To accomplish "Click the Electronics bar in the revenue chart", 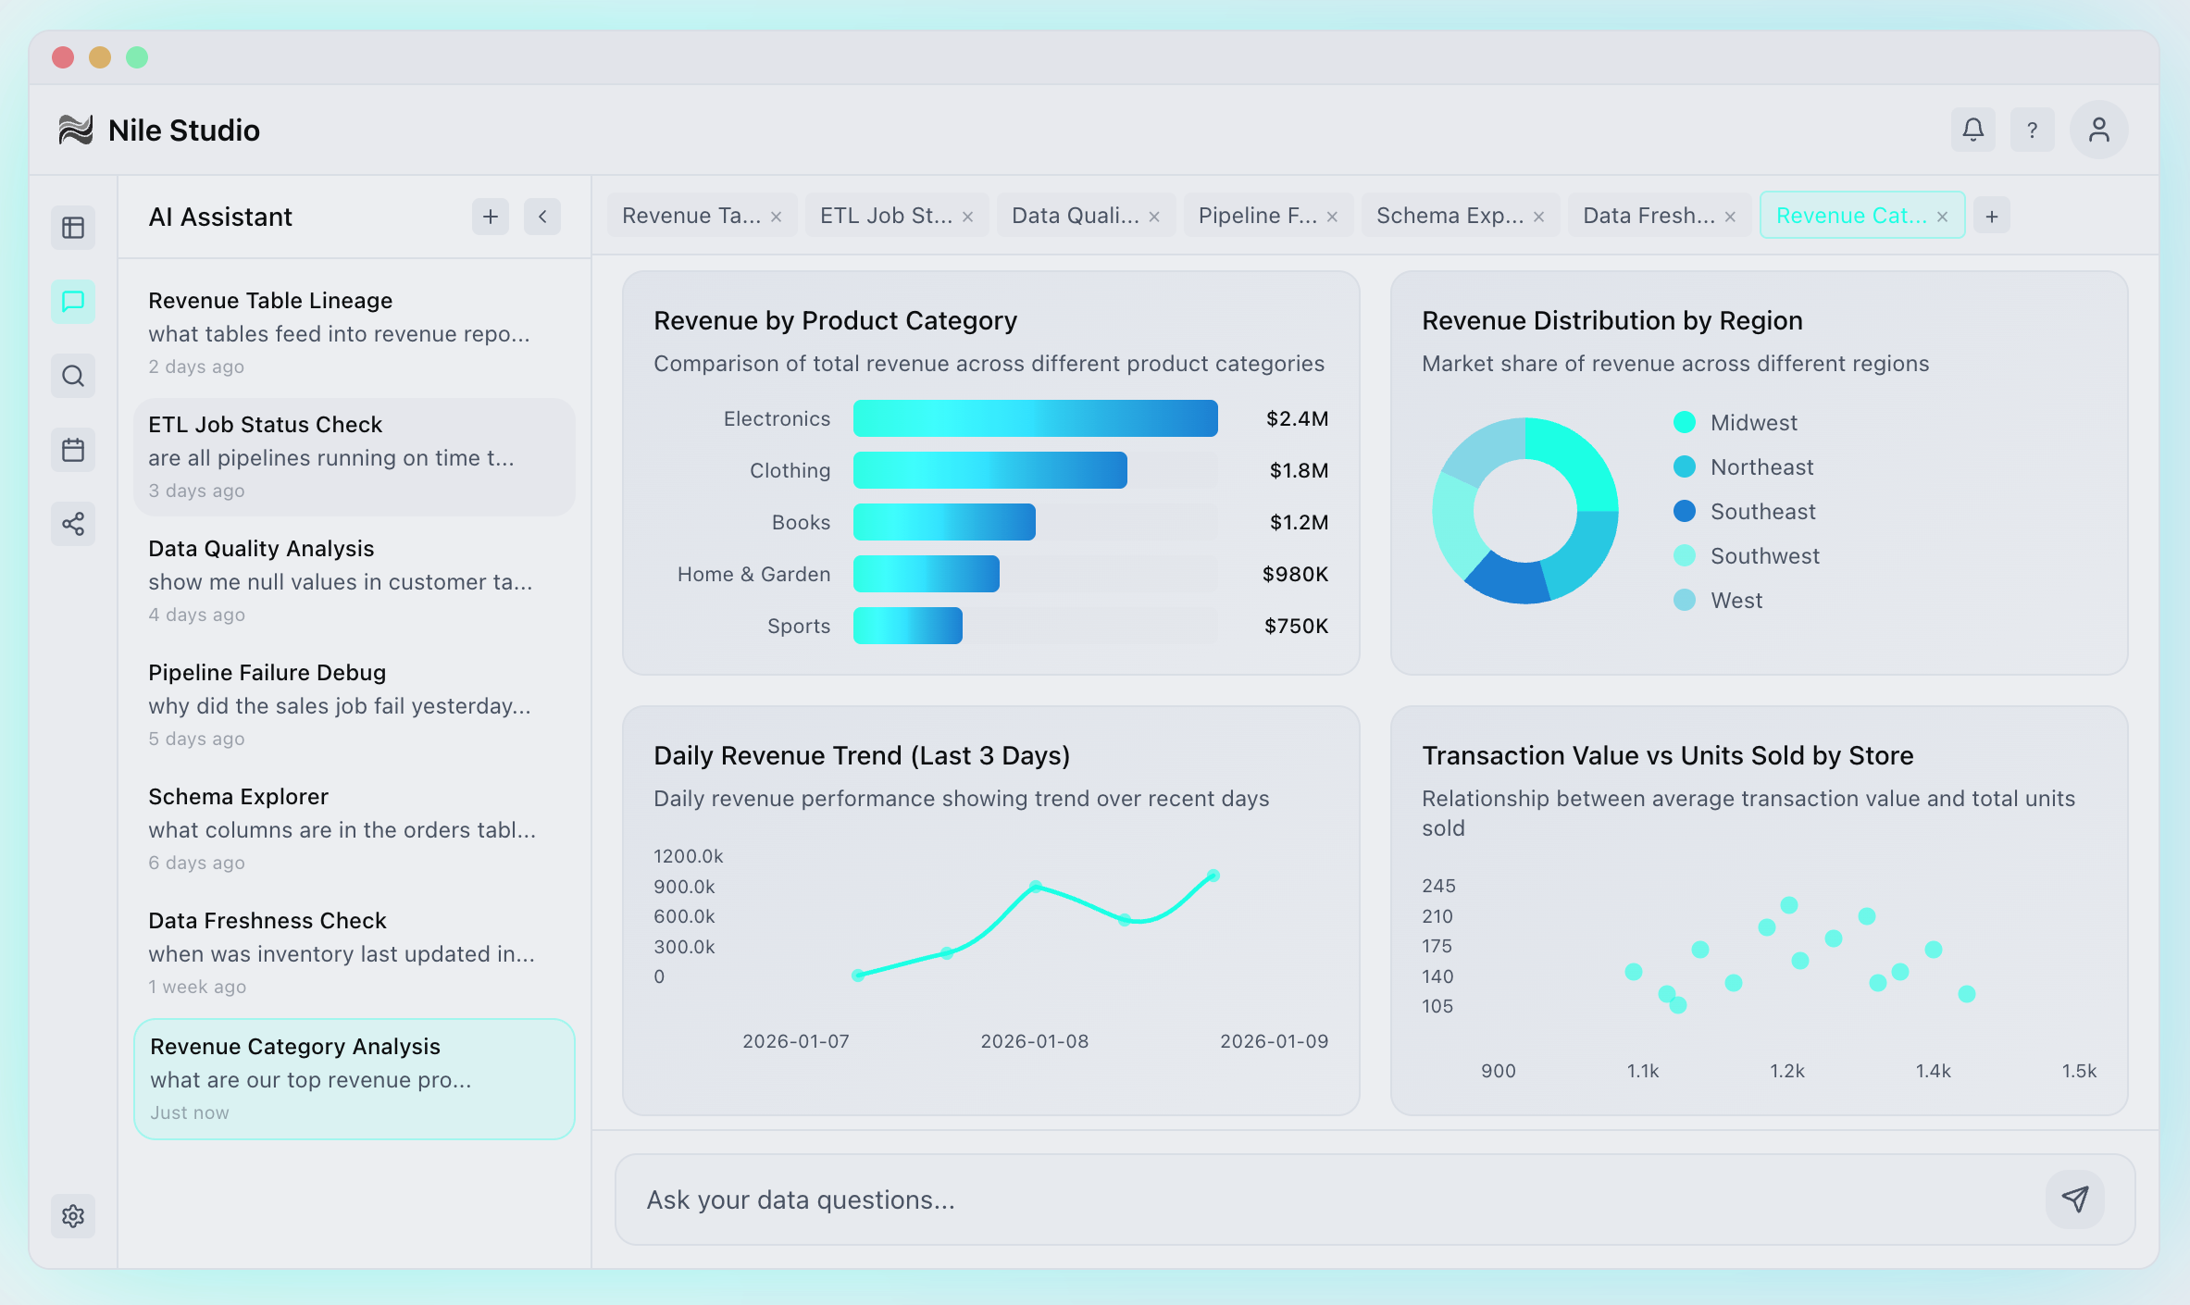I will coord(1035,418).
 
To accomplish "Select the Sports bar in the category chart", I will coord(907,626).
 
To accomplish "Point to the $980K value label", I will coord(1295,574).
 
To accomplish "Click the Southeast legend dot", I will coord(1685,511).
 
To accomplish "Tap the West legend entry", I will coord(1736,600).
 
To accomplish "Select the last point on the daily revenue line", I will coord(1213,876).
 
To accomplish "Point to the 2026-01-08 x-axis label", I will coord(1034,1041).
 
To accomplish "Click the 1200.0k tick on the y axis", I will coord(688,856).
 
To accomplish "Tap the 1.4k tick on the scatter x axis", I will coord(1933,1071).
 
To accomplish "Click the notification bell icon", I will coord(1972,130).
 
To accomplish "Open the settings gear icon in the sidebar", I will coord(73,1215).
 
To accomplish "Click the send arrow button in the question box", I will coord(2074,1199).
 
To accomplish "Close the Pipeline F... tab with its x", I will coord(1332,217).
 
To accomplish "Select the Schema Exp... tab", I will coord(1449,216).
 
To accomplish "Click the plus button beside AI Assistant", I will coord(491,217).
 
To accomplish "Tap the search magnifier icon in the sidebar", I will coord(73,376).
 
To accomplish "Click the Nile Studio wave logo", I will coord(76,130).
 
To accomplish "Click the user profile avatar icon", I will coord(2098,130).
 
